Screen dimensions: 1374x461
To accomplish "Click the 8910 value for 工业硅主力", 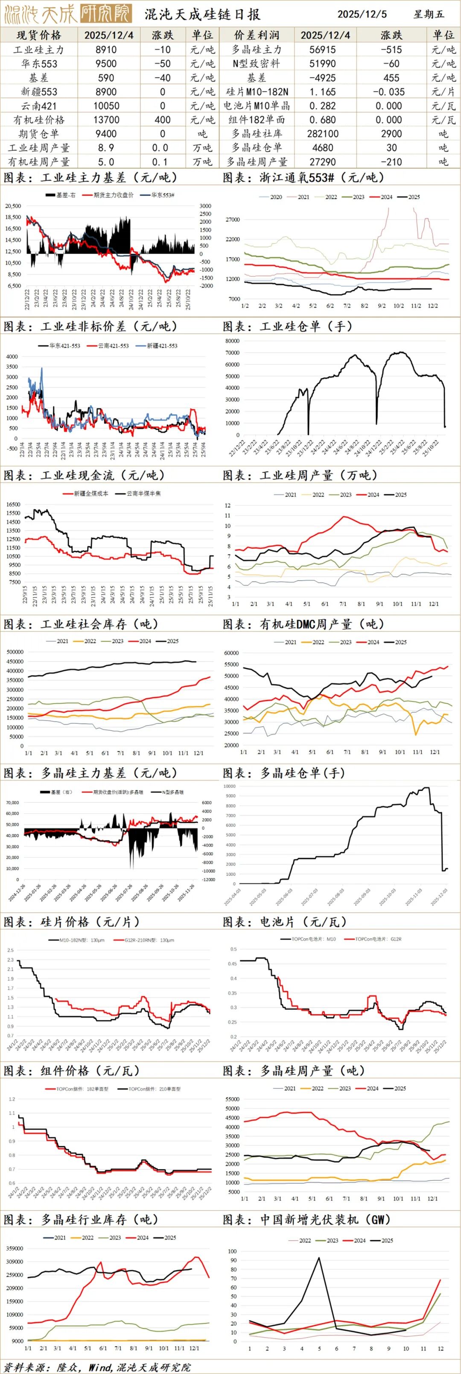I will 106,50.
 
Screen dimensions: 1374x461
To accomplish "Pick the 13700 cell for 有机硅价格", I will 106,120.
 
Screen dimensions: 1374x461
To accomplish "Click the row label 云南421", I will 39,106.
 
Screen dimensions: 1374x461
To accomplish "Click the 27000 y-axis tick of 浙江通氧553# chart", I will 233,220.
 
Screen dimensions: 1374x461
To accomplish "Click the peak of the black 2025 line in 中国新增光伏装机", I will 319,1257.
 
